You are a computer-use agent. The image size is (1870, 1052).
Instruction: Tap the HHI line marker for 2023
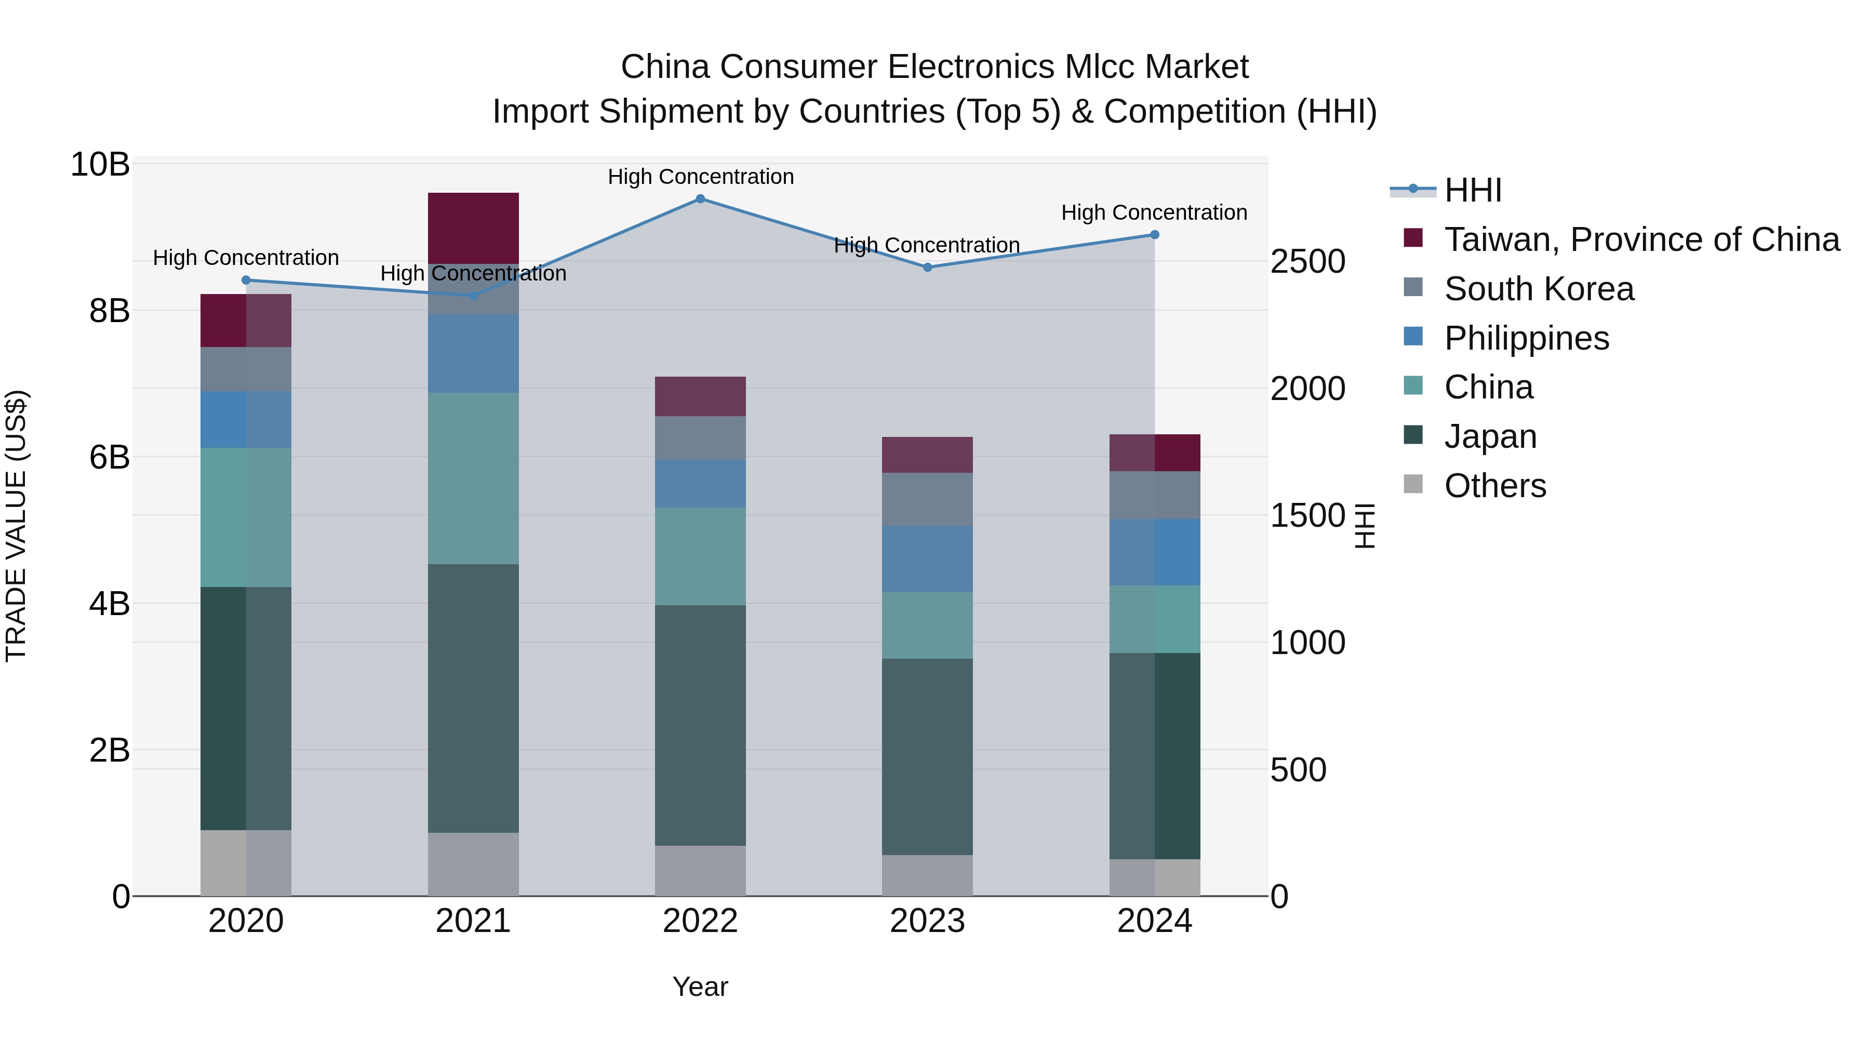click(x=927, y=267)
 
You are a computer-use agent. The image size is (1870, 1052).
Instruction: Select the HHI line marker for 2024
click(x=1154, y=234)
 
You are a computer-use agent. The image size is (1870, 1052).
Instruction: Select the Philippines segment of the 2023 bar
click(x=927, y=558)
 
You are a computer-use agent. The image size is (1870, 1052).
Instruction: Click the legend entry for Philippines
click(x=1526, y=338)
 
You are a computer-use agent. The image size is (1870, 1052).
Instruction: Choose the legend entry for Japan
click(x=1490, y=436)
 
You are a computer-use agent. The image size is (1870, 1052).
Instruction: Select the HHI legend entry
click(x=1472, y=190)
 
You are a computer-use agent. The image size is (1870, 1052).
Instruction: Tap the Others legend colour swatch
click(x=1413, y=484)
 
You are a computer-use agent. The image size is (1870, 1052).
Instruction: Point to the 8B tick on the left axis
click(x=109, y=311)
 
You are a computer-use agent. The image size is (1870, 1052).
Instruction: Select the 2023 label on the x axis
click(x=927, y=921)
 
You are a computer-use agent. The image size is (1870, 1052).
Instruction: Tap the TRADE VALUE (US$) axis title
click(x=16, y=526)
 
